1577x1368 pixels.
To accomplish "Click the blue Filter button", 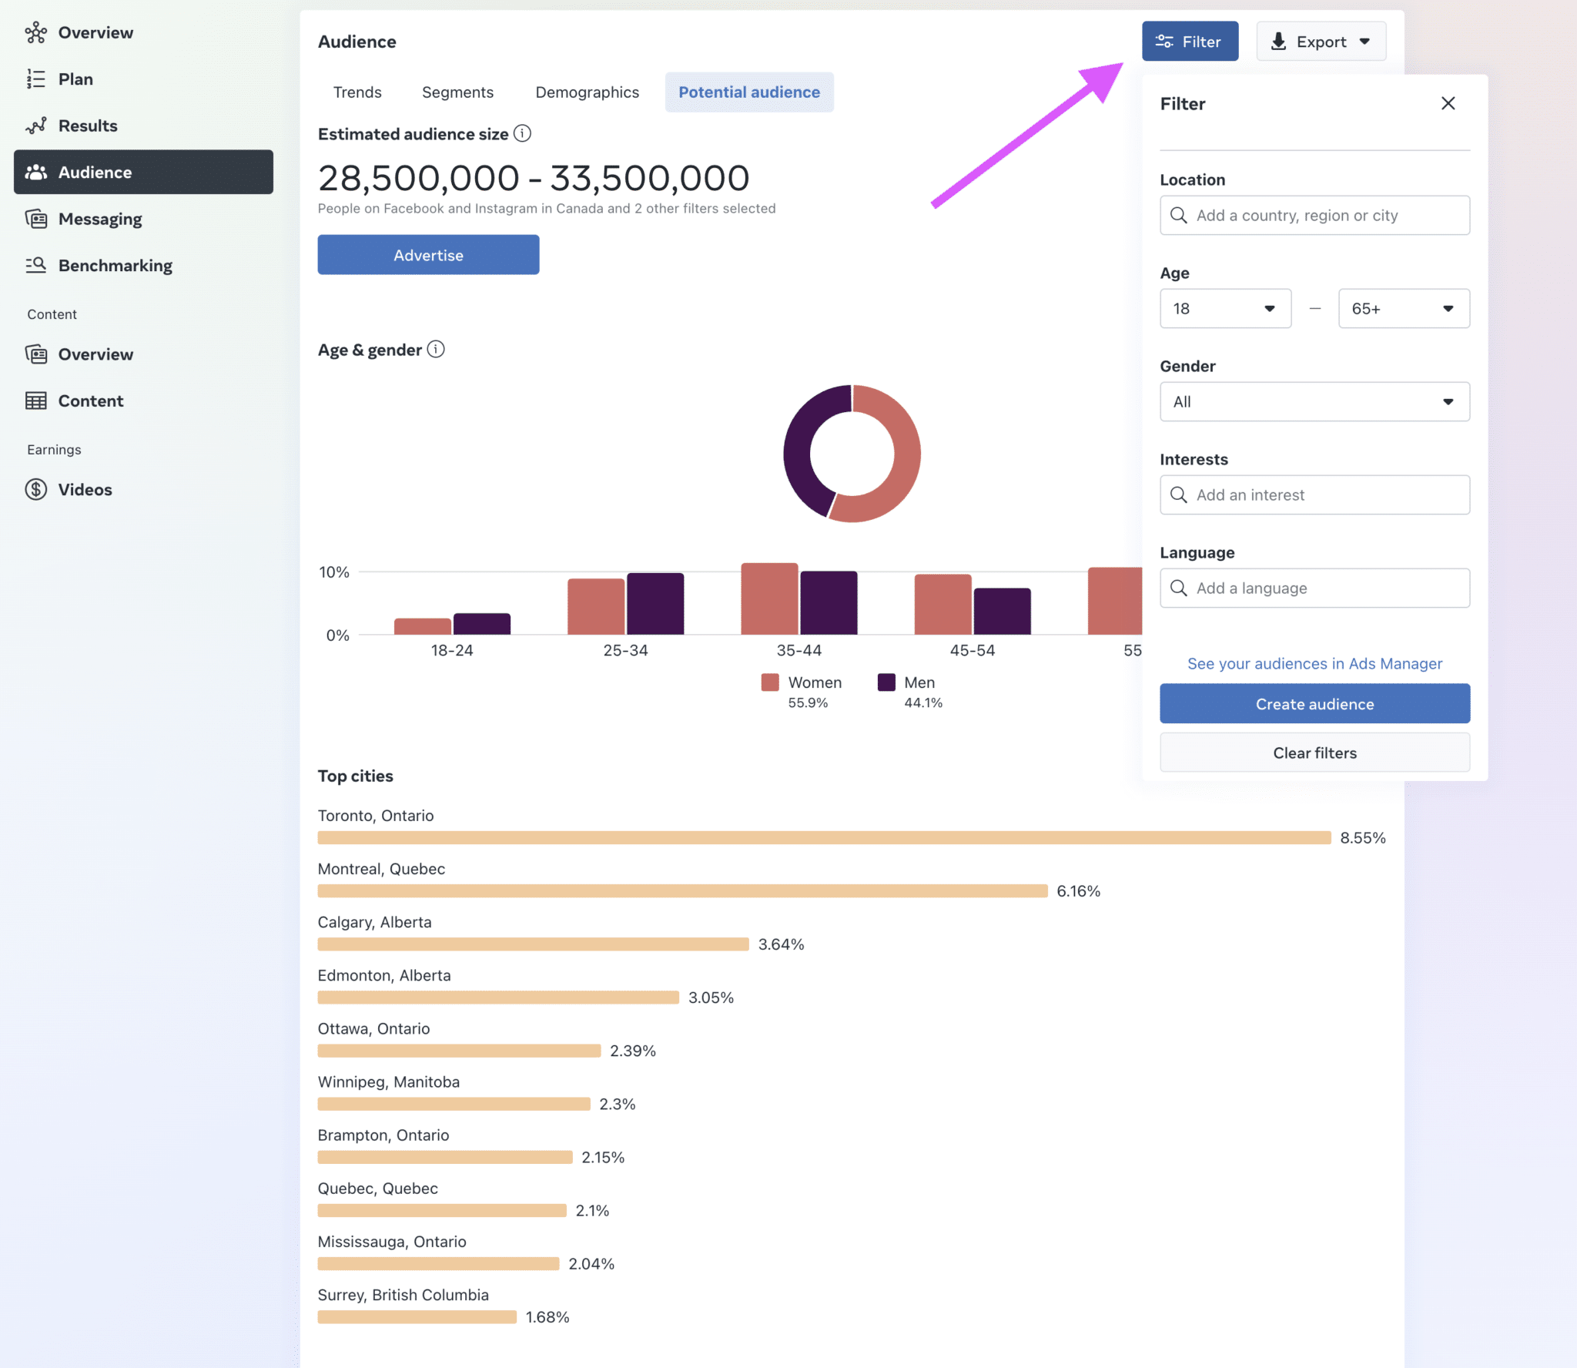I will click(1190, 42).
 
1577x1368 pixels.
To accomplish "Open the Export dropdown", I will click(1321, 42).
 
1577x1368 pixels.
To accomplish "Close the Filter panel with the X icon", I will click(1448, 103).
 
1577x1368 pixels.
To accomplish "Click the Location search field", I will click(1314, 216).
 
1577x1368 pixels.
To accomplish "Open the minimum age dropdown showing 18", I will click(1224, 309).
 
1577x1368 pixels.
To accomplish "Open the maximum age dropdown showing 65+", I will click(1403, 309).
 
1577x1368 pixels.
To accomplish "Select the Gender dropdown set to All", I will click(1314, 402).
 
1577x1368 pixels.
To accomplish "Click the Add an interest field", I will click(1314, 495).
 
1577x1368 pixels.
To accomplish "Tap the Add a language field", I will click(1314, 588).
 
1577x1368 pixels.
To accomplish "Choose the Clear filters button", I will click(1314, 753).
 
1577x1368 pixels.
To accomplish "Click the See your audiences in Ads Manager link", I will click(1314, 664).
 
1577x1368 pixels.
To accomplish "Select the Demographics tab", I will click(587, 92).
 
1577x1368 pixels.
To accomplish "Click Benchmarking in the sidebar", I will click(115, 266).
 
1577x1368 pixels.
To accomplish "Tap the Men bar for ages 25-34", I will click(655, 604).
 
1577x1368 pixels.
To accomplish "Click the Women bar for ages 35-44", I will click(769, 598).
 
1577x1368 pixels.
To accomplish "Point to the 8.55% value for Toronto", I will click(1362, 838).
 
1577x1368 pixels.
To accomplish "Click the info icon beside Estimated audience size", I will click(522, 134).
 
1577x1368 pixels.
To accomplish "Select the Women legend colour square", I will click(769, 682).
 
